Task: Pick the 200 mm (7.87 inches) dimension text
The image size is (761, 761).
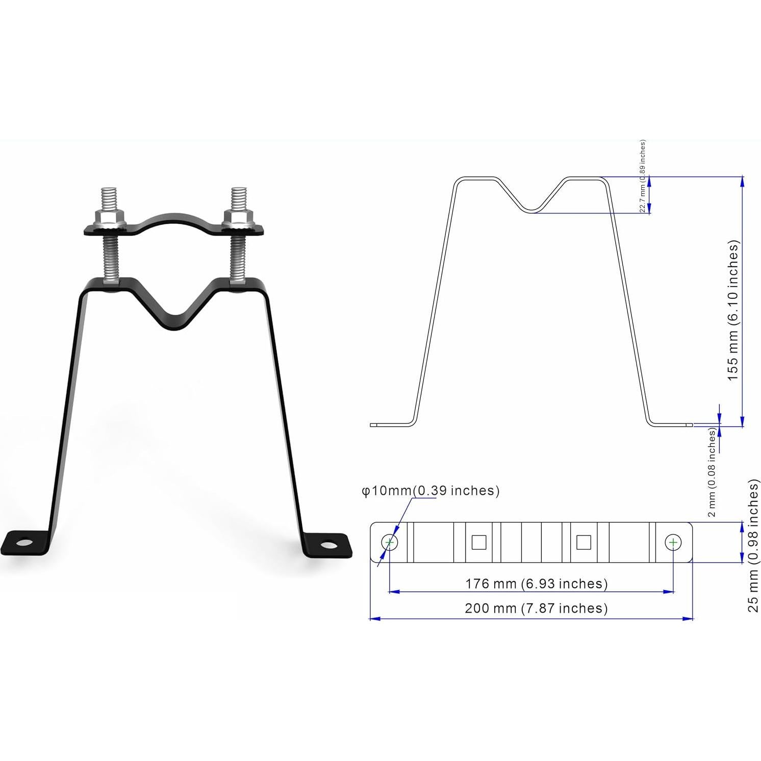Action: point(536,608)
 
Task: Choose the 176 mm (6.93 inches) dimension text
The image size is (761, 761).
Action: point(536,584)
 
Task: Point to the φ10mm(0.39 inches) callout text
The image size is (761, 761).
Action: point(430,491)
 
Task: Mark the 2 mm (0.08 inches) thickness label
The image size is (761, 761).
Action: point(713,472)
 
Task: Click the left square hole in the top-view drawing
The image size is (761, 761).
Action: point(478,542)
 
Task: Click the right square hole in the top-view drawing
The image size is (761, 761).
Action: point(584,542)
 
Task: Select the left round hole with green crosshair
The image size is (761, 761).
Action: point(390,542)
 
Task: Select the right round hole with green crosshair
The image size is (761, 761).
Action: point(673,542)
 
